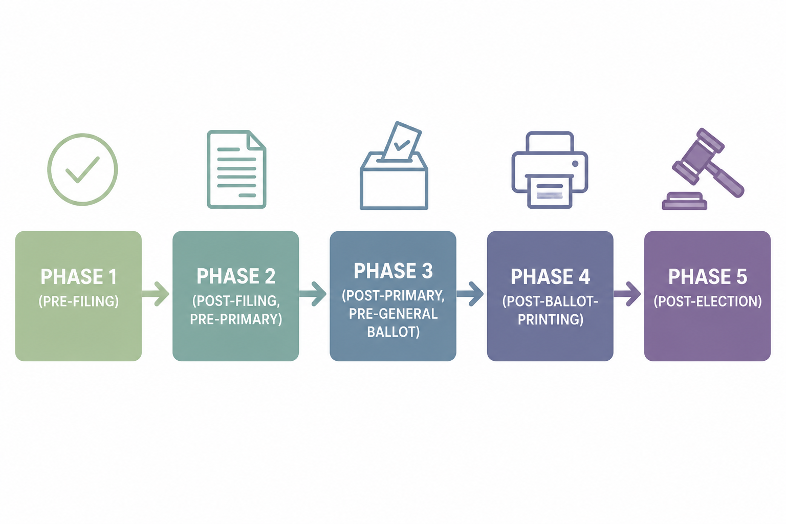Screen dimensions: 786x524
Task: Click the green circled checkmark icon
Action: click(x=82, y=135)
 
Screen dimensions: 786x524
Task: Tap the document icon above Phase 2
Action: click(x=236, y=169)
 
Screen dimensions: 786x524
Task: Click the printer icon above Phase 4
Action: click(x=550, y=170)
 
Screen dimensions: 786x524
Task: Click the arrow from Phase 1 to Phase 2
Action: click(x=156, y=293)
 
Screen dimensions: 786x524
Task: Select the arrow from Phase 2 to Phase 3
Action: click(x=313, y=293)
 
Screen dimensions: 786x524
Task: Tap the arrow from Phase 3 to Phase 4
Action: click(x=470, y=293)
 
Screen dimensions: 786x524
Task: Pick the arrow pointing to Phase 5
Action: click(x=627, y=293)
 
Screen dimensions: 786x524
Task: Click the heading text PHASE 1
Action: click(x=79, y=276)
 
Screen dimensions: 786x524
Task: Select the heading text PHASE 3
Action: click(x=393, y=271)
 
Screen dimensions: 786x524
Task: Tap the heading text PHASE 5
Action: click(x=707, y=276)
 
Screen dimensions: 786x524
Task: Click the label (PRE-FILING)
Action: click(x=79, y=301)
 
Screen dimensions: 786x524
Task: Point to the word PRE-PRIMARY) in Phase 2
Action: click(x=236, y=319)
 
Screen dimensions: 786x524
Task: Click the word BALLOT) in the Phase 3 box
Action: click(x=393, y=332)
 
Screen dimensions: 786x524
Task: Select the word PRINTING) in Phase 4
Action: click(x=550, y=319)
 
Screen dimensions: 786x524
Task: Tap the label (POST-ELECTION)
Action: click(x=707, y=301)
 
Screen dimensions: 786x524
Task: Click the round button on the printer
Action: click(x=575, y=164)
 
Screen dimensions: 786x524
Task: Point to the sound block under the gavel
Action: click(x=684, y=201)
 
